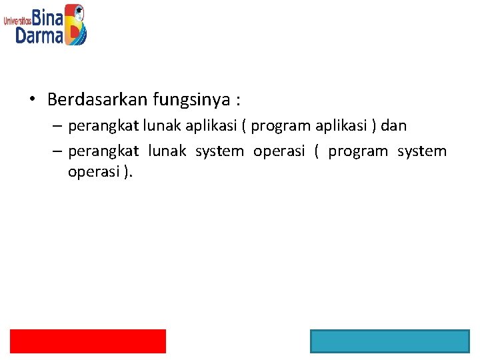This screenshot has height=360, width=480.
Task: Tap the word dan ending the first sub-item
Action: pos(393,125)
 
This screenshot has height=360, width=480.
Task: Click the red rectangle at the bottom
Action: pos(88,341)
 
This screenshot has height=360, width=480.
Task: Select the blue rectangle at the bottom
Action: pos(389,341)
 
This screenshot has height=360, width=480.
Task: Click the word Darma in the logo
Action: pos(39,35)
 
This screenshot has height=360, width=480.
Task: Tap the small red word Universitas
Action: pos(18,21)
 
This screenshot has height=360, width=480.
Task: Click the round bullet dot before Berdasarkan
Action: pos(32,100)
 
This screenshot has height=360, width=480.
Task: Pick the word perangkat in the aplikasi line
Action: pos(102,125)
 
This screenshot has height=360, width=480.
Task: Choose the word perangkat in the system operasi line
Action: pos(103,151)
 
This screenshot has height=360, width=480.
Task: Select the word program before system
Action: pos(358,151)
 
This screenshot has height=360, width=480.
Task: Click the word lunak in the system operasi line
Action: pos(167,151)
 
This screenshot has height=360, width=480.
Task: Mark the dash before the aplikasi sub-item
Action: pos(57,126)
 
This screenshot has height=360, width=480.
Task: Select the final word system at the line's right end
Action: pos(422,151)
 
